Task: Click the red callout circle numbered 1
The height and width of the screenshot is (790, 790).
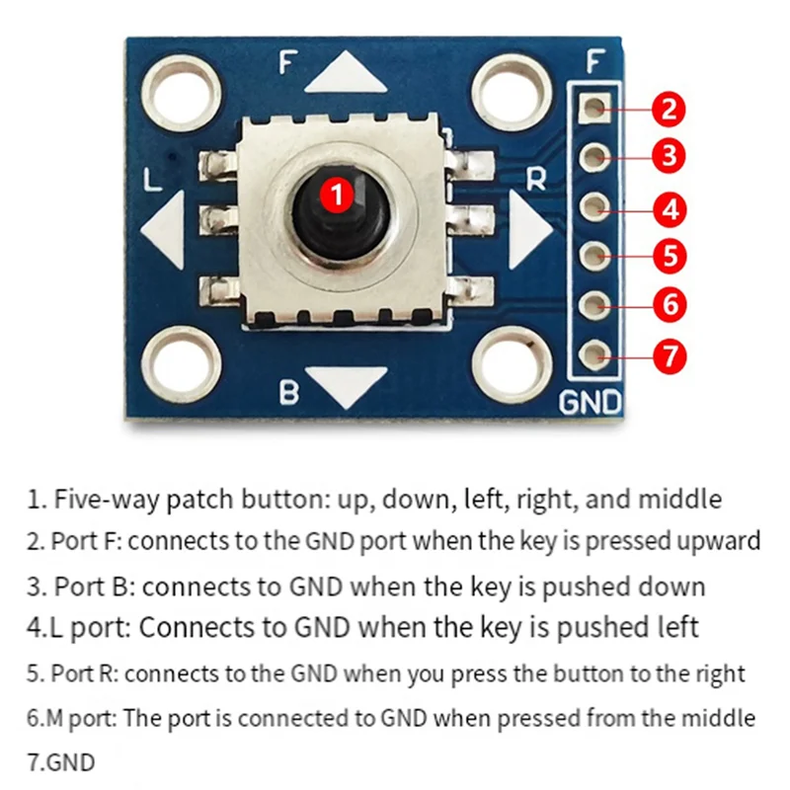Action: pyautogui.click(x=338, y=195)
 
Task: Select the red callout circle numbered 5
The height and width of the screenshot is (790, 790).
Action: pyautogui.click(x=670, y=257)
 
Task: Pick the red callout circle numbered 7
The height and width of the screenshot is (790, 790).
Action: pyautogui.click(x=670, y=355)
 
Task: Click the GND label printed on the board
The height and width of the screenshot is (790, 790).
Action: pyautogui.click(x=591, y=403)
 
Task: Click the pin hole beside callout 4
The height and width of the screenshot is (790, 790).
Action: pyautogui.click(x=593, y=206)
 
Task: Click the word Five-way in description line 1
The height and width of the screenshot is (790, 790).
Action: pyautogui.click(x=102, y=499)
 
